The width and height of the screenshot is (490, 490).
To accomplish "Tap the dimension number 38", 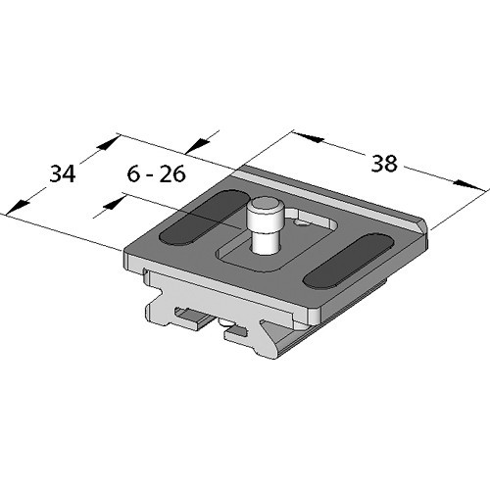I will pos(384,164).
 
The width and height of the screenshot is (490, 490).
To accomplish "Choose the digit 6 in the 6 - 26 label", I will pos(134,174).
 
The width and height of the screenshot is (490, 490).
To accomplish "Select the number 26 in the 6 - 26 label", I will pos(174,174).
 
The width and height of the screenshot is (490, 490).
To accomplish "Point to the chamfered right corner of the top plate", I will pos(426,229).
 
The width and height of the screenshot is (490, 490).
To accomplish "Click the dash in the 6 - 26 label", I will pos(151,175).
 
